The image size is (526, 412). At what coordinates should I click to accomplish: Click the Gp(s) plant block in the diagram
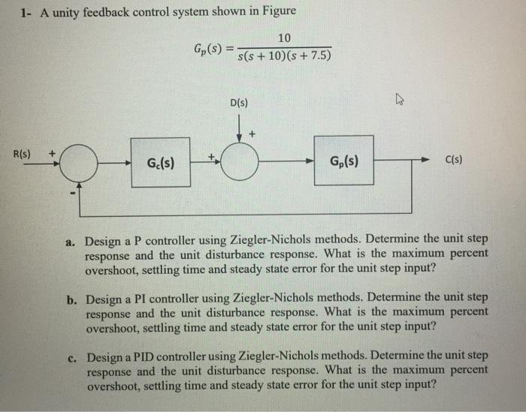click(343, 161)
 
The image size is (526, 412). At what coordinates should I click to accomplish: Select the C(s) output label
click(453, 159)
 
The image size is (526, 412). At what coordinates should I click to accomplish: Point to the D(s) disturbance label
click(241, 102)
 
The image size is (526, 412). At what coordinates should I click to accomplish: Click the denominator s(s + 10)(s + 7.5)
click(285, 57)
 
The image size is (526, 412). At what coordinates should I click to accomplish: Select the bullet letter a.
click(69, 242)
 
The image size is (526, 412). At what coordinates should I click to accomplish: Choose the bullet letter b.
click(69, 298)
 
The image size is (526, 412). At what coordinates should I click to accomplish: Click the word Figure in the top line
click(276, 11)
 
